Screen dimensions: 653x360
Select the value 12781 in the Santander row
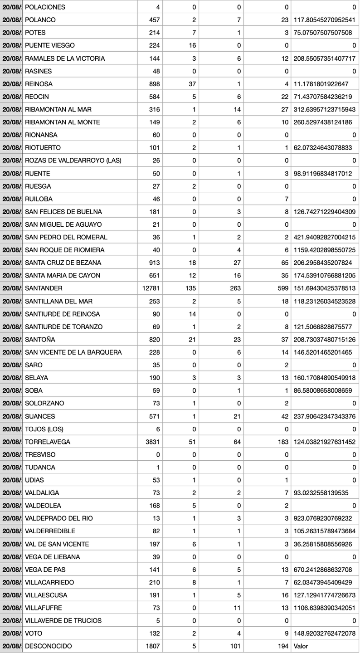[151, 288]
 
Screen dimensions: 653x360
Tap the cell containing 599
[282, 288]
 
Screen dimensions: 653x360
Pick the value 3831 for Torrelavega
[152, 442]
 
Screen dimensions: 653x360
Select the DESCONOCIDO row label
[48, 646]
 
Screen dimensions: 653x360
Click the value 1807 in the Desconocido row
[152, 646]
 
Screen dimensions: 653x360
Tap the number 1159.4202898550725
[324, 250]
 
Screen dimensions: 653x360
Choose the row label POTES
[35, 33]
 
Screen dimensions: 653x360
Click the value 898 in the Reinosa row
[155, 84]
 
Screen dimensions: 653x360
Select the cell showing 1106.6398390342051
[324, 608]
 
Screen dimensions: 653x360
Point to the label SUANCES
[40, 416]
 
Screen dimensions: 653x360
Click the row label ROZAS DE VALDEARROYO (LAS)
[73, 161]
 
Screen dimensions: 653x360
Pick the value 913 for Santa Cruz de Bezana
[155, 263]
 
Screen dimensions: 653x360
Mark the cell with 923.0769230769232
[324, 518]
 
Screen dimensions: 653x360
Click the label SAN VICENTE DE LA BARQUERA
[73, 352]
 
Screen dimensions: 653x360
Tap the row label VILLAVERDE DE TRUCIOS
[64, 620]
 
